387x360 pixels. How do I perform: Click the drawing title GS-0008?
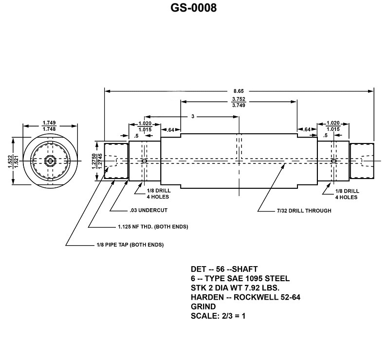pyautogui.click(x=193, y=8)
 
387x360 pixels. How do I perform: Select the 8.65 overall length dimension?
pyautogui.click(x=239, y=90)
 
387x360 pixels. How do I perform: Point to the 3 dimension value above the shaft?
pyautogui.click(x=193, y=117)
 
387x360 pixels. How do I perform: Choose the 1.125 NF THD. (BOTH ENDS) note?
pyautogui.click(x=152, y=227)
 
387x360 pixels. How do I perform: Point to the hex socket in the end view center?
pyautogui.click(x=49, y=161)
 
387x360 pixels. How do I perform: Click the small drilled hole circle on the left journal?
pyautogui.click(x=144, y=161)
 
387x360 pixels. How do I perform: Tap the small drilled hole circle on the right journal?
pyautogui.click(x=333, y=161)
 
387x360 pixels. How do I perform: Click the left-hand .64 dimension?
pyautogui.click(x=170, y=129)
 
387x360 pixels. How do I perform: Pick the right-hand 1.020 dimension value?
pyautogui.click(x=333, y=123)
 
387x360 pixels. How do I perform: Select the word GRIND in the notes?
pyautogui.click(x=203, y=306)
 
